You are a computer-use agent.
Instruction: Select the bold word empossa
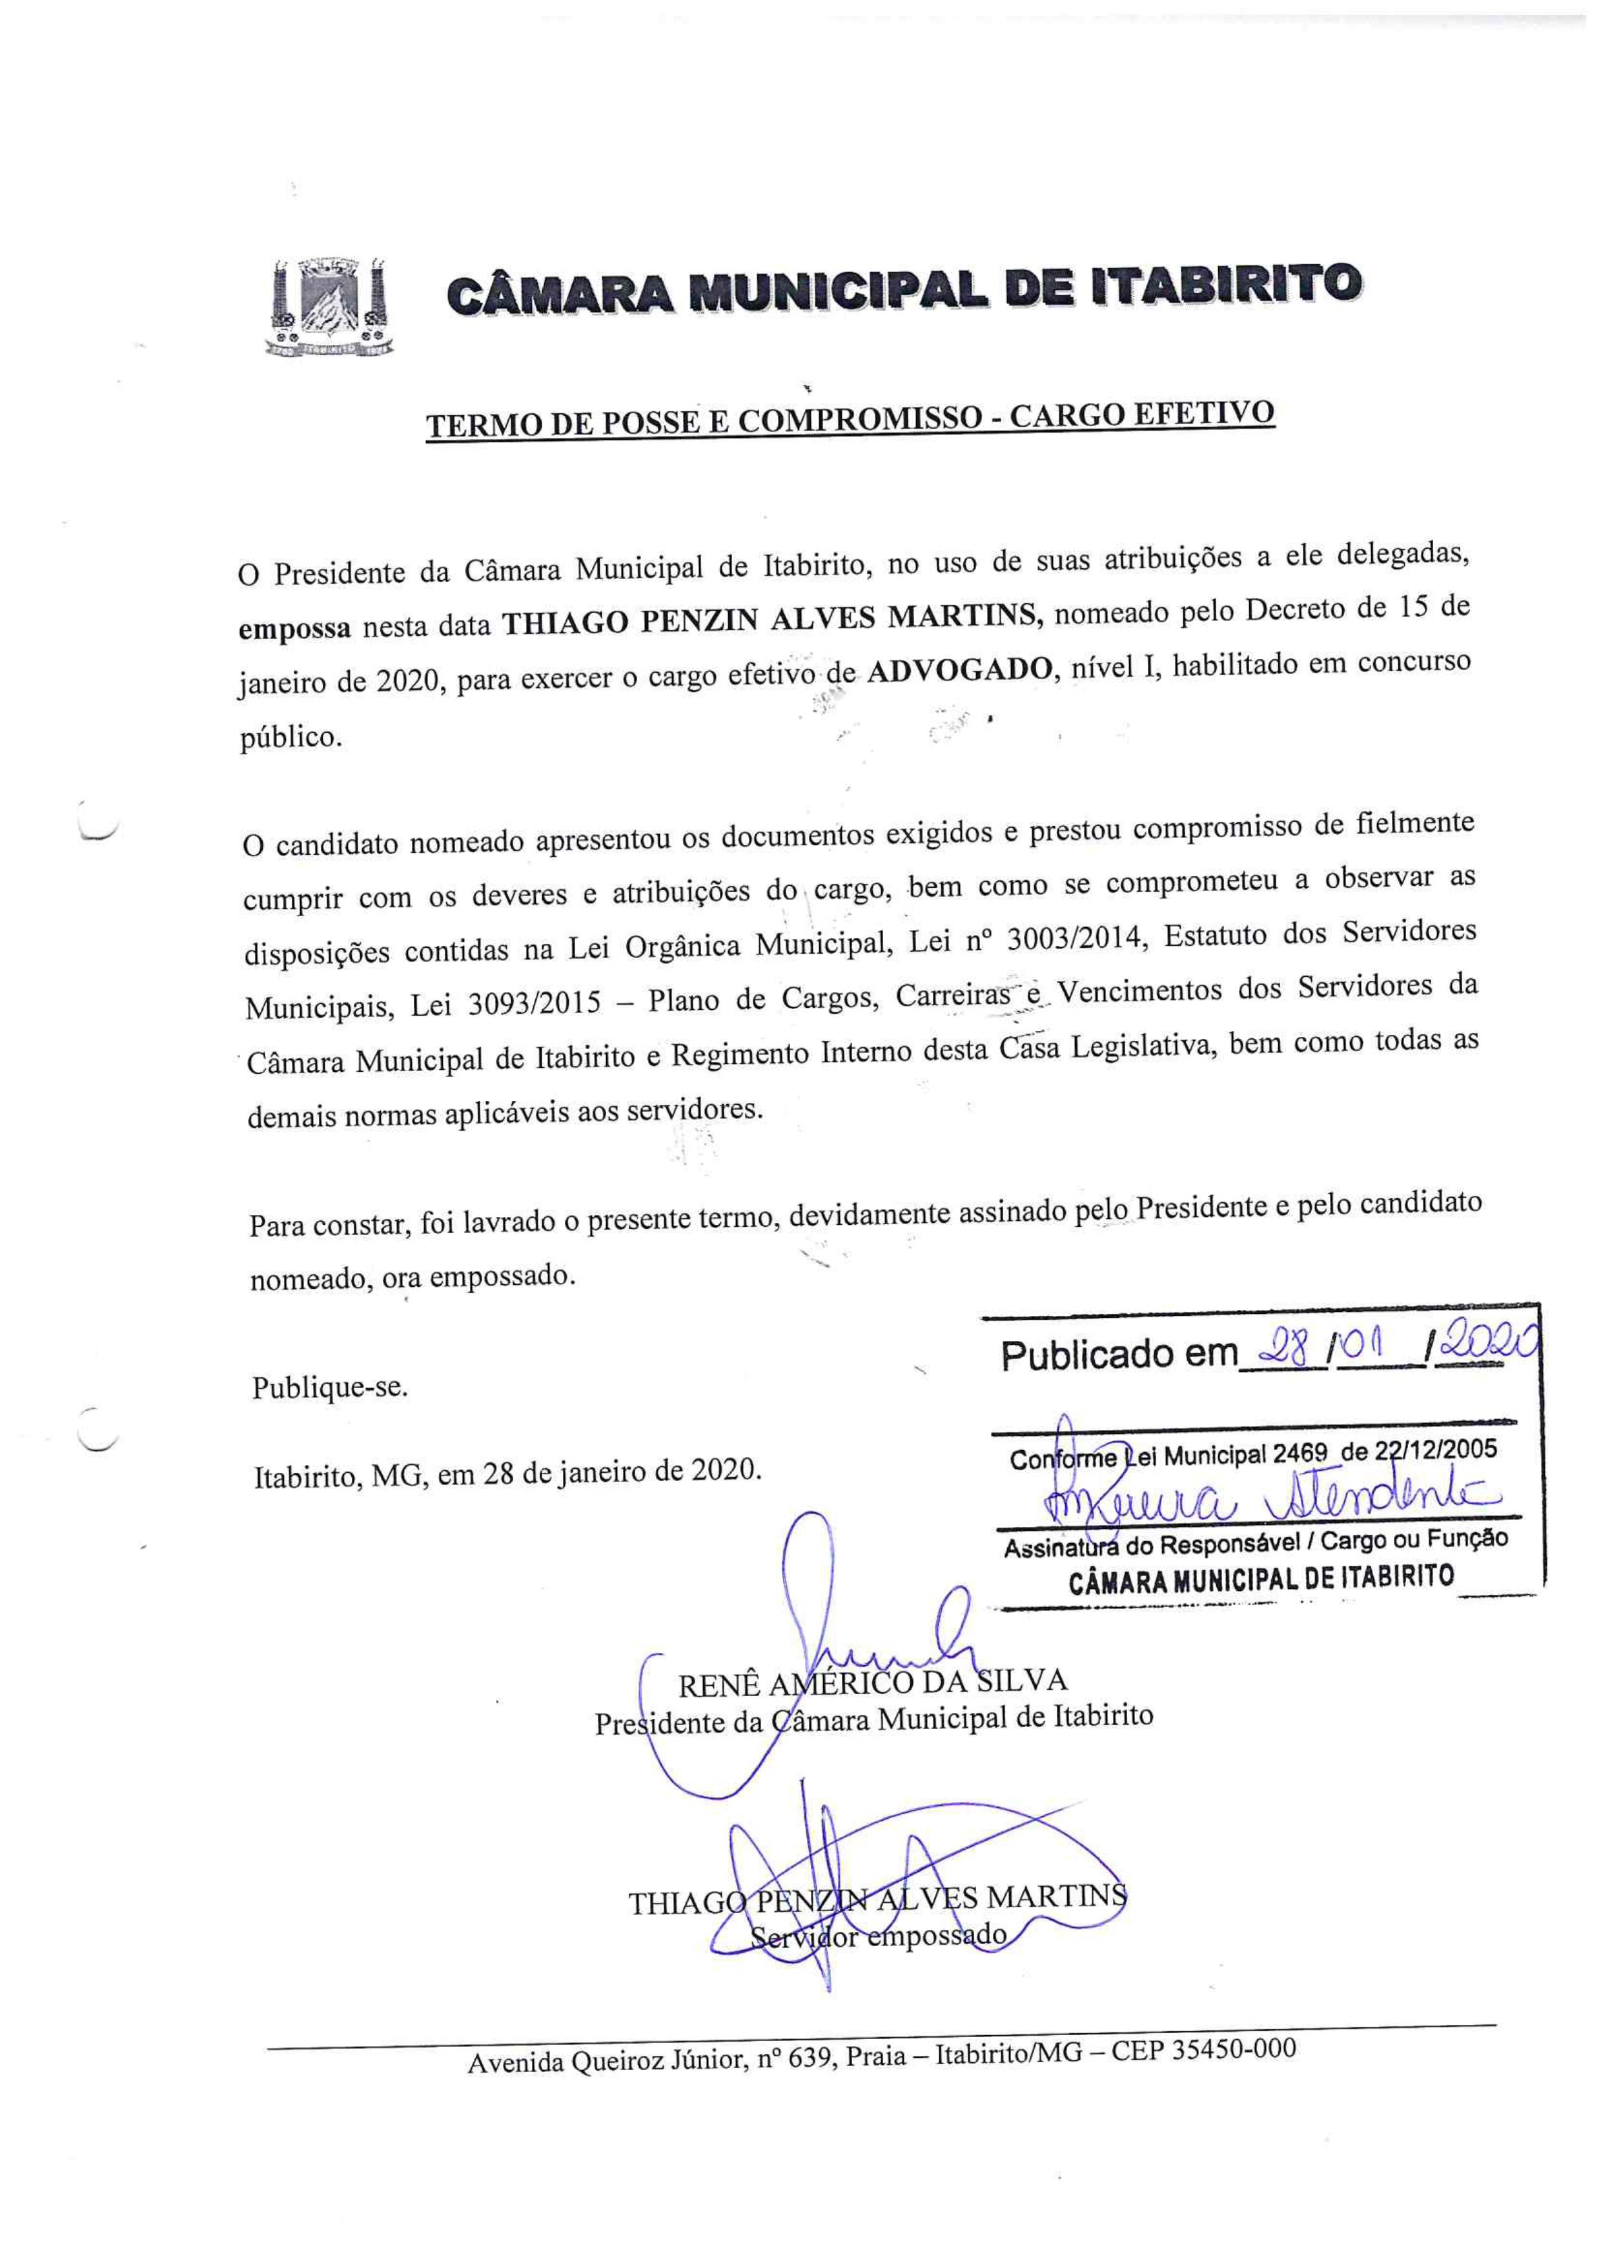tap(294, 628)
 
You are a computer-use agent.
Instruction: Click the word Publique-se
tap(329, 1388)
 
